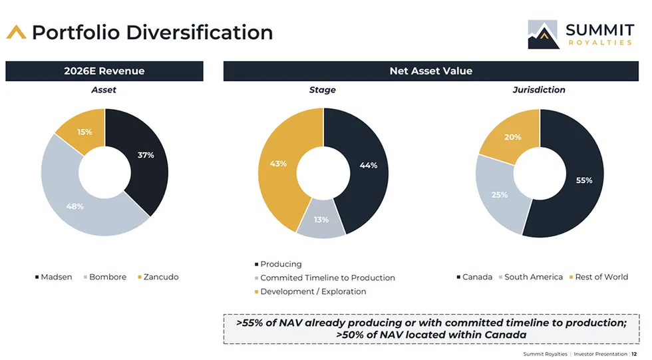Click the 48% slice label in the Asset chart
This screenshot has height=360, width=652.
pyautogui.click(x=75, y=206)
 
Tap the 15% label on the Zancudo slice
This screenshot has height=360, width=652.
pyautogui.click(x=84, y=132)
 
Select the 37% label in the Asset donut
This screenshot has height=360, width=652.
pyautogui.click(x=146, y=155)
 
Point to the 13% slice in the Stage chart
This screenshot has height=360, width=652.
pyautogui.click(x=321, y=220)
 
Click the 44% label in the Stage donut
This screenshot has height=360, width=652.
pyautogui.click(x=368, y=165)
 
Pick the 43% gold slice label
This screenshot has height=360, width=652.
pyautogui.click(x=278, y=164)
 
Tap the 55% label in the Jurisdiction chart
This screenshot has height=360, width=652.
pyautogui.click(x=583, y=180)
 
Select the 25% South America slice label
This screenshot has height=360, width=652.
pyautogui.click(x=500, y=195)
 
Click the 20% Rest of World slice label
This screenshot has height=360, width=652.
pyautogui.click(x=513, y=137)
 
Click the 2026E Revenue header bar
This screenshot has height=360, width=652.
pyautogui.click(x=104, y=71)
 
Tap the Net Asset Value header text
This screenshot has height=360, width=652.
pyautogui.click(x=430, y=71)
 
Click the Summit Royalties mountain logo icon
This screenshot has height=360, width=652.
pyautogui.click(x=544, y=35)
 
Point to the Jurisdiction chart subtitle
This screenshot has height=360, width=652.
pyautogui.click(x=539, y=90)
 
